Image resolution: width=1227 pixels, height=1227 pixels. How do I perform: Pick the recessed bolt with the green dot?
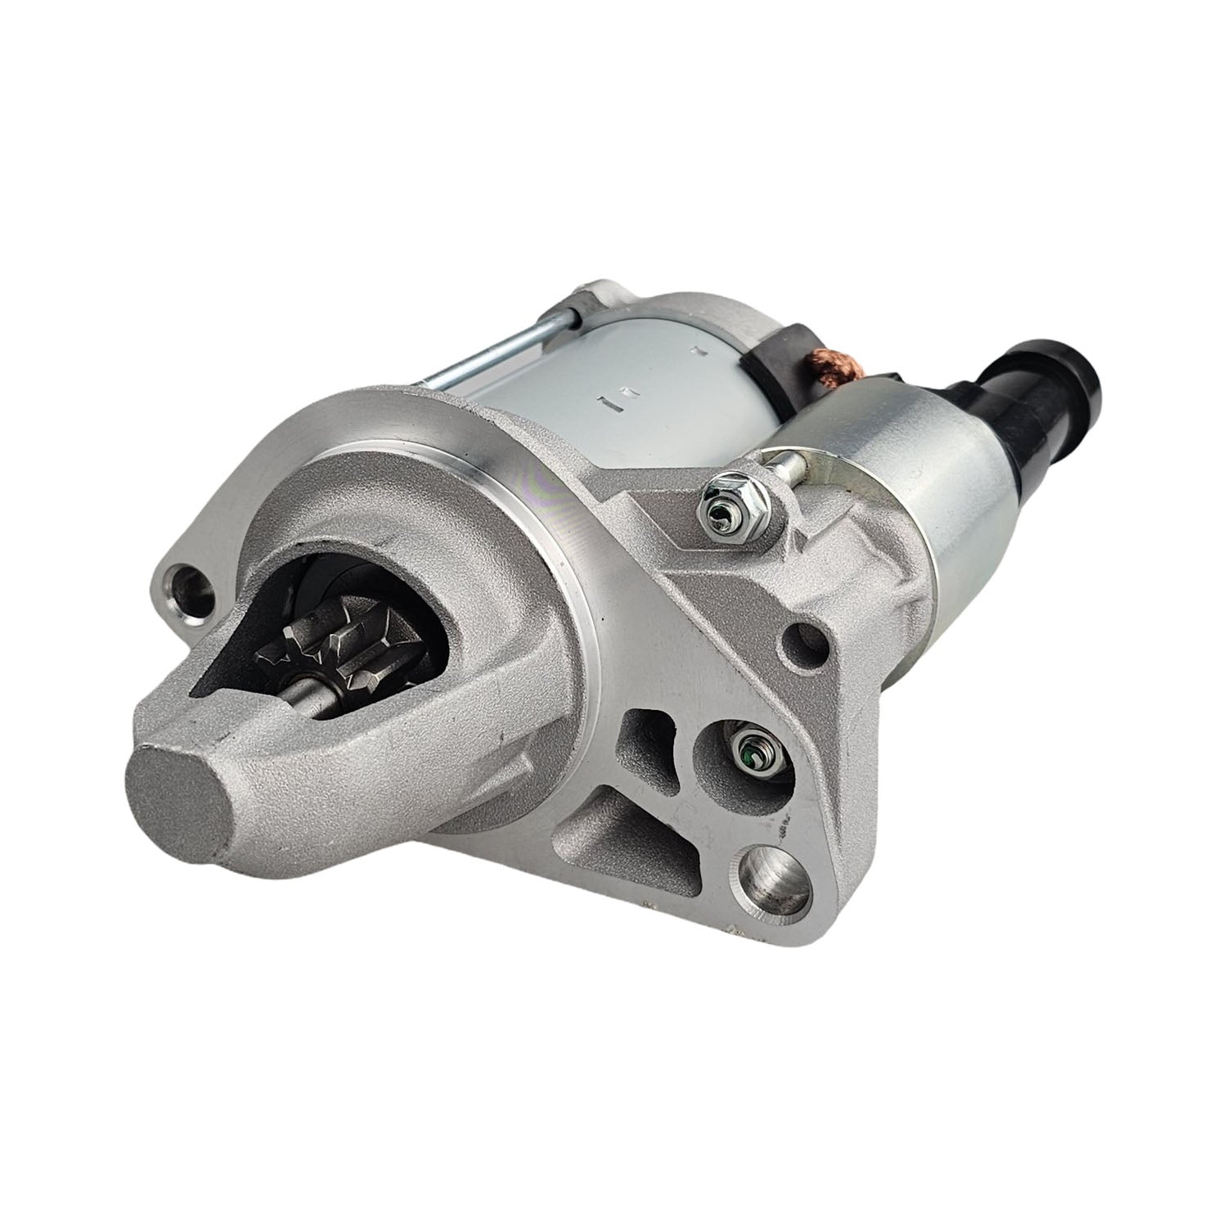(x=747, y=746)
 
